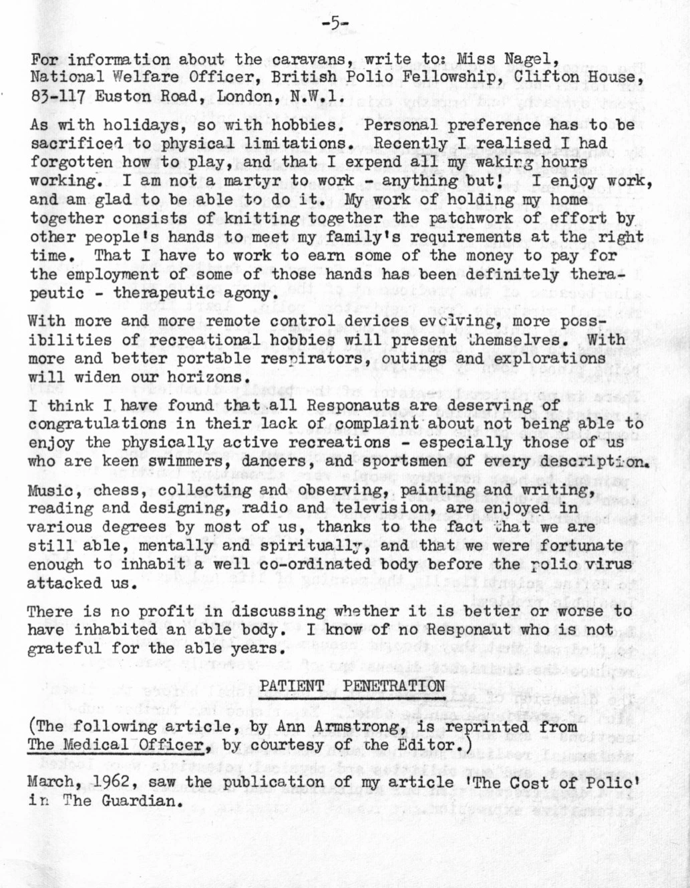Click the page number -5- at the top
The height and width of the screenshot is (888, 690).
tap(334, 25)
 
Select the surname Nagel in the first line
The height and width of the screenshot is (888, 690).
tap(528, 59)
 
